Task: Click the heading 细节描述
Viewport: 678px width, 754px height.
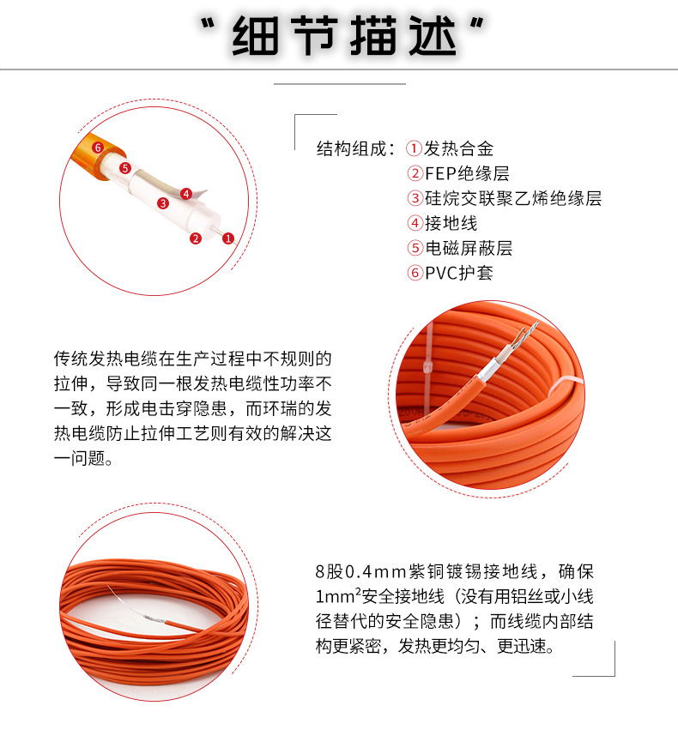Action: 338,37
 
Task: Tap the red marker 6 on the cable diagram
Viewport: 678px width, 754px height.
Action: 98,148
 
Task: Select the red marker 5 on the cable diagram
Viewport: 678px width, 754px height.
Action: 124,168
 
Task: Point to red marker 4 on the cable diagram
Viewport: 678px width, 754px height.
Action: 186,194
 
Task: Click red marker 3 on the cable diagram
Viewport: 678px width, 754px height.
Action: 161,203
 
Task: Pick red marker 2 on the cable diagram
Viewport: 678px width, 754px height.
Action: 196,238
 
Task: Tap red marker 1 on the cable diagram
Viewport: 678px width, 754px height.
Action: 228,238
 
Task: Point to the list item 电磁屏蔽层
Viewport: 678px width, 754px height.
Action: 469,248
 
